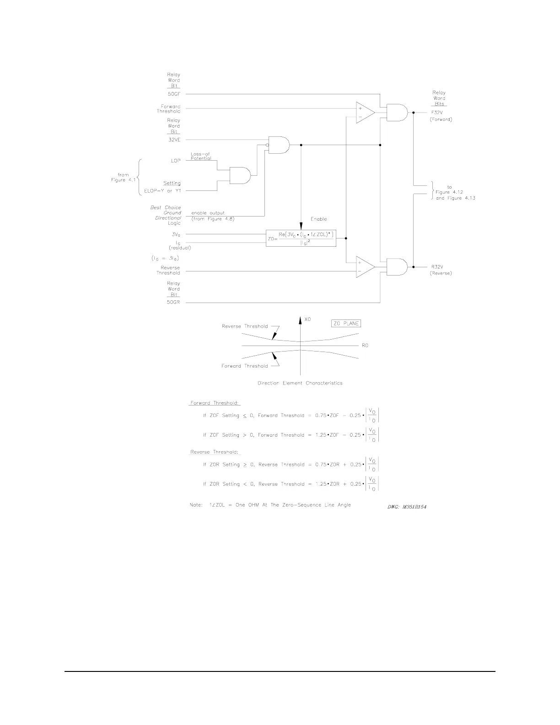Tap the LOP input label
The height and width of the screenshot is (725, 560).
(175, 161)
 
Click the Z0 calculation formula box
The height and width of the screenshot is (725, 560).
(301, 238)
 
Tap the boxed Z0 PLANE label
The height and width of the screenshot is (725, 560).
(346, 324)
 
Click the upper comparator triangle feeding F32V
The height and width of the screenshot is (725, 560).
(365, 113)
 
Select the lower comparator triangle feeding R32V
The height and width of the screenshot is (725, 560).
(365, 267)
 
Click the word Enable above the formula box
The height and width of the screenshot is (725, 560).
(319, 219)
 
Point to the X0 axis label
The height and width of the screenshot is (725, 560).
(307, 319)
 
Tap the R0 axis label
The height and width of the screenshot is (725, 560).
(365, 346)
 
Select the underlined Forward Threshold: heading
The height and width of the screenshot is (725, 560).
(215, 403)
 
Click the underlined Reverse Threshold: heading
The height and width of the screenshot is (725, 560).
(214, 452)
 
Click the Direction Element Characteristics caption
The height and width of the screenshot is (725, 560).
(300, 383)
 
